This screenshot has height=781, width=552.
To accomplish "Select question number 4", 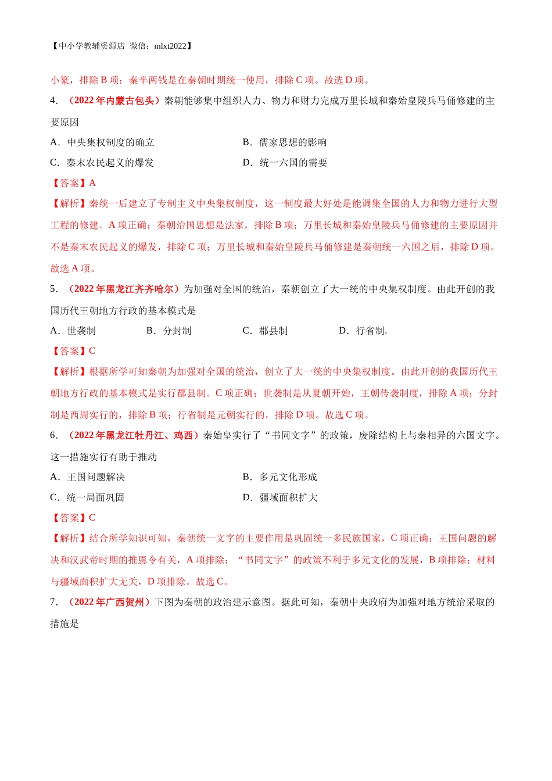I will [53, 101].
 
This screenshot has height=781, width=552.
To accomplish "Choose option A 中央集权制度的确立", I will [102, 142].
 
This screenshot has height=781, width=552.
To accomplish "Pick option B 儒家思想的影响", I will [285, 142].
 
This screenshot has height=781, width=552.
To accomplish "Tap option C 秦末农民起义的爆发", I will [102, 163].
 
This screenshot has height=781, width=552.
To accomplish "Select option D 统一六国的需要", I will [285, 163].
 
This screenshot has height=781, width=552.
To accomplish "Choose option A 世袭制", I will [73, 331].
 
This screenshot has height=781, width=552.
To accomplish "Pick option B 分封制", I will [169, 331].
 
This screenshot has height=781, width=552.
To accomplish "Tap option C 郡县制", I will [265, 331].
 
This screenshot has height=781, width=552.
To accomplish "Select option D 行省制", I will [363, 331].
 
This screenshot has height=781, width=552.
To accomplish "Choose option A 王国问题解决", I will [88, 477].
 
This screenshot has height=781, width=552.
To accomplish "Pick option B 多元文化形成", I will [280, 477].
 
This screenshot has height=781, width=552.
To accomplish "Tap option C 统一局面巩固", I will [88, 497].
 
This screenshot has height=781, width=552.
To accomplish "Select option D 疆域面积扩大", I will [280, 497].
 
